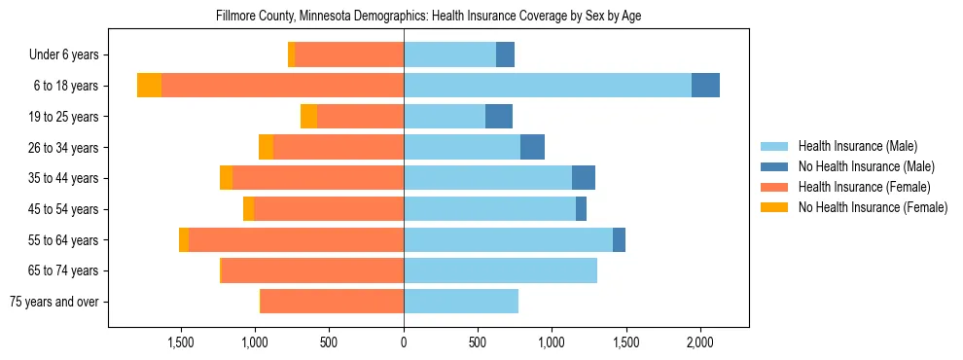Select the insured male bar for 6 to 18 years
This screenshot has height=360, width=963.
point(548,86)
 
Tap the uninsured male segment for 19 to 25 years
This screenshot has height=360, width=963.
point(499,117)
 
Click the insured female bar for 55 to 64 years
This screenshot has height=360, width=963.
point(296,240)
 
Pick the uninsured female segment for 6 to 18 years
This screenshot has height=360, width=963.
point(149,86)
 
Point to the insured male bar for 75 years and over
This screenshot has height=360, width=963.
point(461,302)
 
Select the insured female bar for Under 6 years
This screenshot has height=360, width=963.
point(349,55)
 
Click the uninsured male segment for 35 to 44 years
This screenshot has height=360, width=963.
point(584,178)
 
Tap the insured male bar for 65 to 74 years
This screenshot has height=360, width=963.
point(500,270)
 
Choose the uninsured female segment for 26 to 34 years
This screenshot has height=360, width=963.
point(266,148)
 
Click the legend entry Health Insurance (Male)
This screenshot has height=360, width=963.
point(857,146)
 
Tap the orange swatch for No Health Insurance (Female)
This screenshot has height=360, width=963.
point(774,207)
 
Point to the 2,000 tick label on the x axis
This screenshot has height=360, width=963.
point(700,342)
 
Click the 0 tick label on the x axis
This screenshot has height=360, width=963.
point(404,342)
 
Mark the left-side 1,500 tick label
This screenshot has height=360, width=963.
point(181,342)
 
